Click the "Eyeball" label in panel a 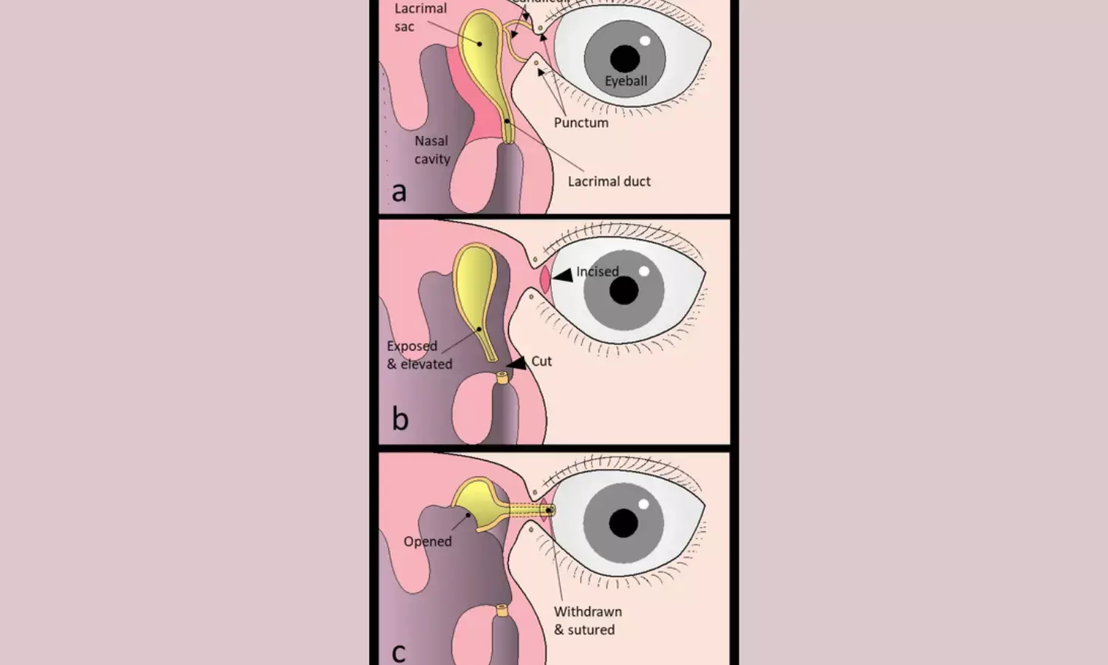click(626, 81)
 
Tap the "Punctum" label click(581, 123)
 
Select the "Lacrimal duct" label click(609, 181)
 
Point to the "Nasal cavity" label click(432, 150)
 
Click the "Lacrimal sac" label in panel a click(420, 18)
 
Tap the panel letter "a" click(399, 192)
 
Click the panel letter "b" click(400, 419)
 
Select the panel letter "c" click(398, 652)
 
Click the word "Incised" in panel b click(598, 272)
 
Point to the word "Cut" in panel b click(541, 361)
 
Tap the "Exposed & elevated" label click(419, 355)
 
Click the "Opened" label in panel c click(427, 542)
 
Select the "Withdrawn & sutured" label click(587, 621)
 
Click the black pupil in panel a click(625, 58)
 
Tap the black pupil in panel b click(624, 290)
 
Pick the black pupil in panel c click(623, 523)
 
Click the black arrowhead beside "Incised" click(564, 276)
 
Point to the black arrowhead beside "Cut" click(518, 363)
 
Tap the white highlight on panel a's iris click(645, 41)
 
